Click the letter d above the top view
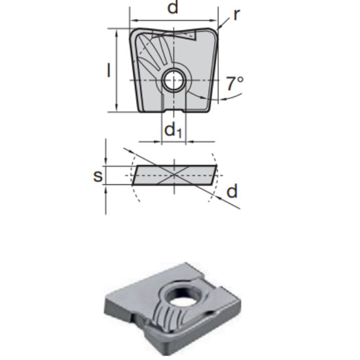point(173,8)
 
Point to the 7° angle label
point(234,83)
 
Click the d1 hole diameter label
point(173,130)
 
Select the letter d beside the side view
point(232,191)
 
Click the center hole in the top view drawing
point(173,81)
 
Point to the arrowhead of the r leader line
point(220,28)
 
